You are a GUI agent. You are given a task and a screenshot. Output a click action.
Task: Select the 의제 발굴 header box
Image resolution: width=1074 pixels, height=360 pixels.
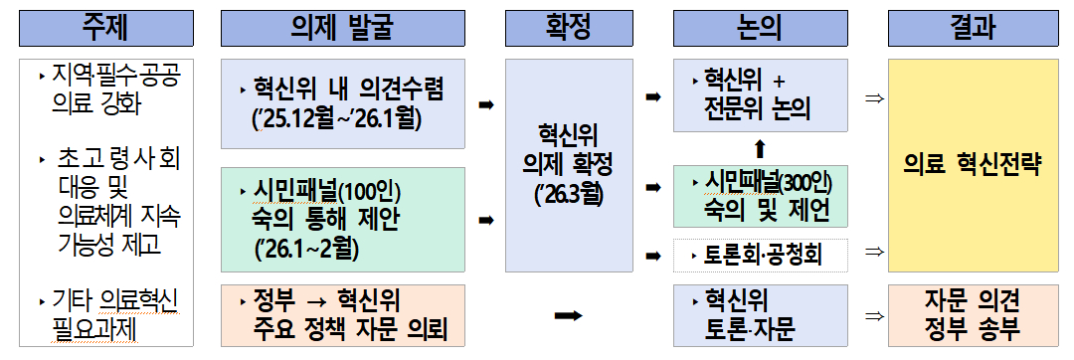pos(343,26)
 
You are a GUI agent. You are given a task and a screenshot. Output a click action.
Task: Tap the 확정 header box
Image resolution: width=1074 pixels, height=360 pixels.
pos(568,26)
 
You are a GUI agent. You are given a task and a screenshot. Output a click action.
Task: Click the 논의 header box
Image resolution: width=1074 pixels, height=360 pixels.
pos(764,26)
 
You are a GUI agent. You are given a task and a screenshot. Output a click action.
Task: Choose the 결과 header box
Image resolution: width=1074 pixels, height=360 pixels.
pos(961,26)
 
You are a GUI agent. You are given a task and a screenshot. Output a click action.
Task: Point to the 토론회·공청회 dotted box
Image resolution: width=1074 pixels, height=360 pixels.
pos(764,257)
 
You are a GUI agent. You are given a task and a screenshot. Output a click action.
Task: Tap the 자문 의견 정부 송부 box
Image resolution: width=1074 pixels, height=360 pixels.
pos(961,314)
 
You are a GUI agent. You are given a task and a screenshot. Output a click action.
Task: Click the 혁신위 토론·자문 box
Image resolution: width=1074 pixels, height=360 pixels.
pos(764,314)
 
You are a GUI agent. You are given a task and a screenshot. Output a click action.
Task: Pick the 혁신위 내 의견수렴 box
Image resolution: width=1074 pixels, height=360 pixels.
pos(343,104)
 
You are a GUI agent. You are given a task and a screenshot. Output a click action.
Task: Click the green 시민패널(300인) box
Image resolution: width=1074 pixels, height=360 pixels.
pos(764,196)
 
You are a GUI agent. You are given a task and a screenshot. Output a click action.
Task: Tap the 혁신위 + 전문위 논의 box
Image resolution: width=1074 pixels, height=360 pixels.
pos(764,95)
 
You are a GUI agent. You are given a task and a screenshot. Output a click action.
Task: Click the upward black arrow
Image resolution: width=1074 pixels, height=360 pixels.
pos(760,149)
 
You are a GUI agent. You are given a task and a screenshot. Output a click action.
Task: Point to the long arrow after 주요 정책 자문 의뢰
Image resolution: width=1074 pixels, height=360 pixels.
pos(568,315)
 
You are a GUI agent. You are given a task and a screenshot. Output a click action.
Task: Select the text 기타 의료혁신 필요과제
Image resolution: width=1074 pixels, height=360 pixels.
pos(111,313)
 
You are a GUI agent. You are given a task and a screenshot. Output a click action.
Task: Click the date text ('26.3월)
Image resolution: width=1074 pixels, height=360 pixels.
pos(568,191)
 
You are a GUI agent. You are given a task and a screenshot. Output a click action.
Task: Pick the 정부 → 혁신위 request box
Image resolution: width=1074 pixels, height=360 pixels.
pos(343,314)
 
